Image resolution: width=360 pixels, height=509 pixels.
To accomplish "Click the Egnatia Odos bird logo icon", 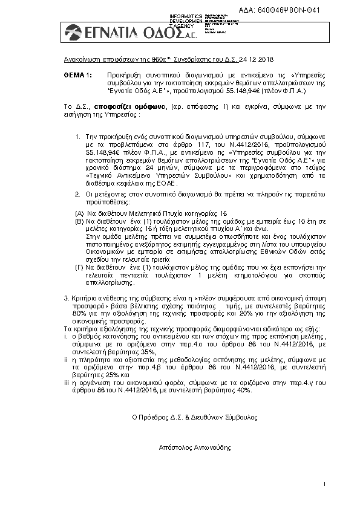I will pos(75,31).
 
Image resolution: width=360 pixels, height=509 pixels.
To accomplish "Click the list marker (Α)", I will pos(79,214).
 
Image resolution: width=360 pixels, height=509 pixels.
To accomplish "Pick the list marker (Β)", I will pos(79,222).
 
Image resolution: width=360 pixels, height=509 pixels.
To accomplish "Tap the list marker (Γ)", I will pos(79,267).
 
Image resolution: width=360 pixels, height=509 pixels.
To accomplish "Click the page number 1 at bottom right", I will pos(325,484).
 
